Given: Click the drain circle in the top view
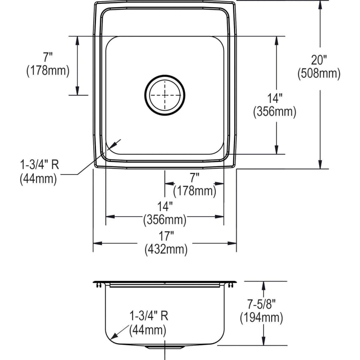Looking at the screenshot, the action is [x=145, y=95].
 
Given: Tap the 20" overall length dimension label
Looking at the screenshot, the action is [x=319, y=60].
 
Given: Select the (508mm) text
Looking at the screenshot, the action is [x=319, y=74].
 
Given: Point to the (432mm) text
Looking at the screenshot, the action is [x=166, y=249].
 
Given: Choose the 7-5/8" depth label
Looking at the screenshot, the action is [x=261, y=304].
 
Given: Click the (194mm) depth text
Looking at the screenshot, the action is [x=262, y=318].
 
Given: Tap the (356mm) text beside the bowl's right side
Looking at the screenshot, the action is [x=274, y=112].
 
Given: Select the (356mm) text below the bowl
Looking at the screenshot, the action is [x=165, y=220].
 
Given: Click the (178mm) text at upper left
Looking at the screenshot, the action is [x=48, y=71].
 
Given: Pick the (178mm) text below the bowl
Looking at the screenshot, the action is [x=195, y=191].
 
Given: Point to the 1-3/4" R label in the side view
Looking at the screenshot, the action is [x=149, y=316].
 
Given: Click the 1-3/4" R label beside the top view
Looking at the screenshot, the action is [x=40, y=165].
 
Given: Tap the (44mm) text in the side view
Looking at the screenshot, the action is [x=148, y=330].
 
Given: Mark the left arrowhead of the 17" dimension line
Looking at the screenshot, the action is [x=97, y=243].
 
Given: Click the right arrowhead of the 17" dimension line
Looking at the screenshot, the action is [x=232, y=243].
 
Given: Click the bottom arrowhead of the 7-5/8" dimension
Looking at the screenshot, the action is [x=264, y=341].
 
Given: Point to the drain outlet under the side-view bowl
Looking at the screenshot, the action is [x=165, y=347].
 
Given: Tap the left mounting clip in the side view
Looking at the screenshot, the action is [x=99, y=285].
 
